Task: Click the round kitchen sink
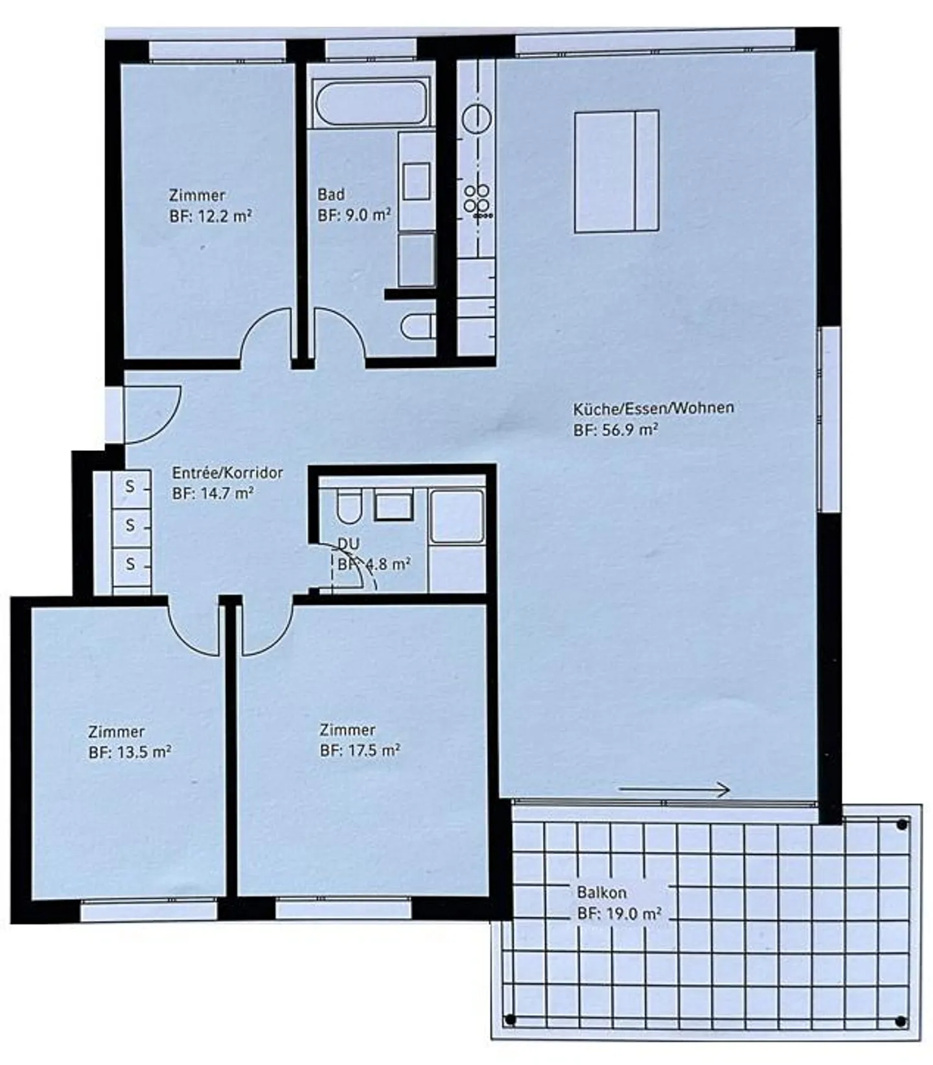[477, 120]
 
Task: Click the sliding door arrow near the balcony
[674, 789]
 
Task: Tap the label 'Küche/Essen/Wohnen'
[653, 408]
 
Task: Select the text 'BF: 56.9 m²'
[616, 429]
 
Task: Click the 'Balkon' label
[601, 892]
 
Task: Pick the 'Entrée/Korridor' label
[227, 472]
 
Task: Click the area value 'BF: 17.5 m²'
[360, 751]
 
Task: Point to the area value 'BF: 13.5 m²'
[130, 753]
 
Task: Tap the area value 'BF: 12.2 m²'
[211, 216]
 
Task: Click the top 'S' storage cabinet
[130, 486]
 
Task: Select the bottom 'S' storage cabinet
[130, 564]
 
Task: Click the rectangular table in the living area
[616, 171]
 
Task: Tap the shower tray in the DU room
[457, 516]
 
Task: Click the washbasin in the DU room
[394, 505]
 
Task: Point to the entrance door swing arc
[155, 415]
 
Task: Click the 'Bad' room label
[330, 194]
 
